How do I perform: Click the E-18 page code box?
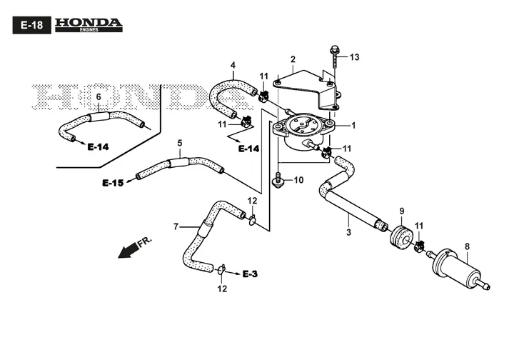pos(32,25)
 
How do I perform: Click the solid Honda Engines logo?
pos(89,25)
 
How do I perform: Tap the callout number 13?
pos(354,57)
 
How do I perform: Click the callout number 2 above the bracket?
pos(293,59)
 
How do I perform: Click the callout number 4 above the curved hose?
pos(233,65)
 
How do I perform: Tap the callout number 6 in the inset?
pos(99,97)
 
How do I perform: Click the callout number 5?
pos(180,144)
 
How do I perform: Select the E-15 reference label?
pos(113,183)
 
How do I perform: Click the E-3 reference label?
pos(250,274)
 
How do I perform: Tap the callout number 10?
pos(298,180)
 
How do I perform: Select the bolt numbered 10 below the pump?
pos(278,180)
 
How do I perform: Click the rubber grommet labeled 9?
pos(401,237)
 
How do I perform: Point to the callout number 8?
pos(467,246)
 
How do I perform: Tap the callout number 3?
pos(348,232)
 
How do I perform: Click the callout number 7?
pos(176,226)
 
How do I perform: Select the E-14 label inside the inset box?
pos(98,147)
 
